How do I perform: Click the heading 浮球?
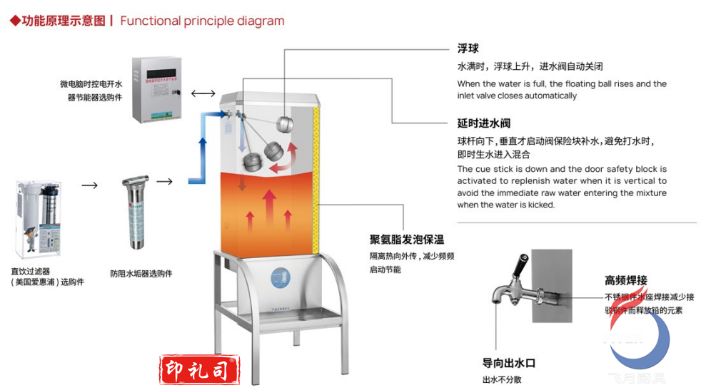click(468, 48)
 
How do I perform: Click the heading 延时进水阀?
click(483, 123)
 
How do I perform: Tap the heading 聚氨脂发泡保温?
click(406, 240)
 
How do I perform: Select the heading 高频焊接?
click(625, 280)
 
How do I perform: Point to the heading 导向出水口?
click(508, 362)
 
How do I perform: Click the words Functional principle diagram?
click(202, 21)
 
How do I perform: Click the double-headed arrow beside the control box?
click(203, 93)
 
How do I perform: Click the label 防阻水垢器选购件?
click(141, 273)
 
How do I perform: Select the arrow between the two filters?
click(89, 185)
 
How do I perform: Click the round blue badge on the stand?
click(281, 275)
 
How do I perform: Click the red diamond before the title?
click(14, 21)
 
